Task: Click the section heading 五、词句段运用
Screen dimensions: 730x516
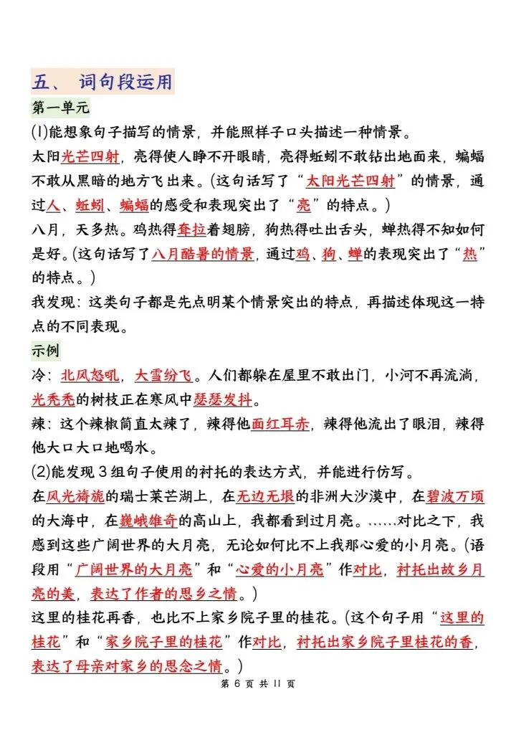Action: click(102, 82)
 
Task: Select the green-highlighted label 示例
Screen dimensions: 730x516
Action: click(46, 351)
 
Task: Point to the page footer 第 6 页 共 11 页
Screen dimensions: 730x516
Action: click(257, 683)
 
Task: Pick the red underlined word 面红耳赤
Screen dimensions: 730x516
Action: click(280, 423)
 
